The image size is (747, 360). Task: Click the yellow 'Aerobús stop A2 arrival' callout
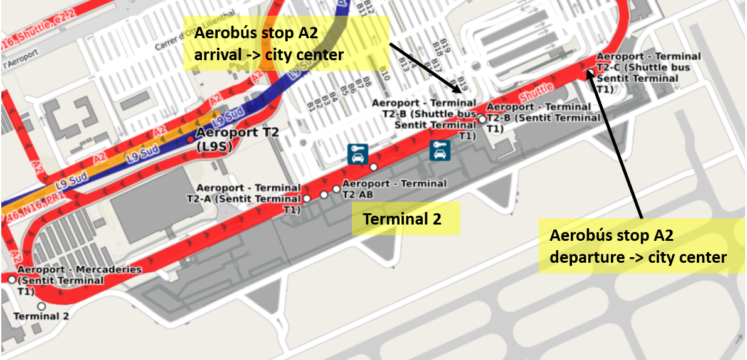(x=285, y=43)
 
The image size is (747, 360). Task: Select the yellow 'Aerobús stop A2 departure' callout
(x=638, y=246)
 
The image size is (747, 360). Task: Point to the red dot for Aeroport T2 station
(x=191, y=139)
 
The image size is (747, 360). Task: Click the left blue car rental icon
(x=357, y=154)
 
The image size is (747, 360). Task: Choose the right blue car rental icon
(x=439, y=149)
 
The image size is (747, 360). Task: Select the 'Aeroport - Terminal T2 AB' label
(x=394, y=188)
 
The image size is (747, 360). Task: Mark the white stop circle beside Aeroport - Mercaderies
(x=12, y=279)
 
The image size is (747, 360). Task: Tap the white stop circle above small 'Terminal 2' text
(x=41, y=306)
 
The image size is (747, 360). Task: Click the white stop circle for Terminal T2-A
(x=307, y=198)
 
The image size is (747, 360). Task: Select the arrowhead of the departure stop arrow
(x=590, y=74)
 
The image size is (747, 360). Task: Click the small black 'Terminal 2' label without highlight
(x=41, y=317)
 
